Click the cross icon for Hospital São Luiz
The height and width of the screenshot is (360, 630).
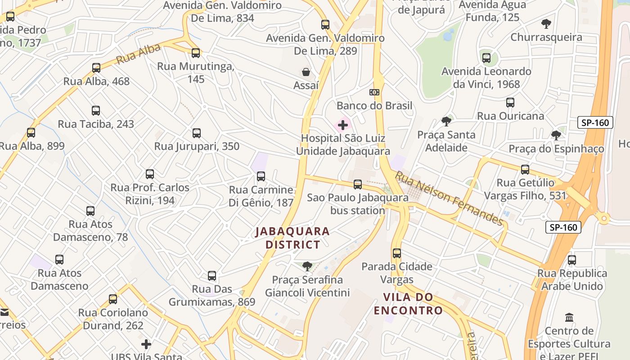coord(343,125)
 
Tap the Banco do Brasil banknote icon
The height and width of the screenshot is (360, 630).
coord(374,92)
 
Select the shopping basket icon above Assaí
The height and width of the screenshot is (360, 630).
coord(306,72)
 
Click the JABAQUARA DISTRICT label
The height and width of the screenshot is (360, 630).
coord(292,238)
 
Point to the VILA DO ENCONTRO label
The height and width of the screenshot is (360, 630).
coord(408,304)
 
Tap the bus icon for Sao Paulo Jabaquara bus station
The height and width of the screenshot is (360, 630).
coord(358,184)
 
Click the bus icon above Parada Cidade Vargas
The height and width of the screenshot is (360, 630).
coord(396,253)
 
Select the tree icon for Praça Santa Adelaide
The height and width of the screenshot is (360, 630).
coord(446,121)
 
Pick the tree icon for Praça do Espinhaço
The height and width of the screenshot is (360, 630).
coord(556,135)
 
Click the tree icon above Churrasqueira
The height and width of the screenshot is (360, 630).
coord(546,23)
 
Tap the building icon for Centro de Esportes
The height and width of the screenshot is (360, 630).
coord(569,317)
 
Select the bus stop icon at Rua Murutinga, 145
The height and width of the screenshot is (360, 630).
coord(196,53)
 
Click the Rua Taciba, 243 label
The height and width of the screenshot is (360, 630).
coord(96,124)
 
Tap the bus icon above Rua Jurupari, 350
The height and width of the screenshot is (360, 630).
coord(197,133)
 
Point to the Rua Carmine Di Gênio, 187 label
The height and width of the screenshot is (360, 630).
coord(261,196)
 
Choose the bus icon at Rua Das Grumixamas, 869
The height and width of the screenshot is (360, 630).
coord(212,276)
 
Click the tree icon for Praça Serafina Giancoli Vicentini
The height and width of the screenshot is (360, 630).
coord(307,266)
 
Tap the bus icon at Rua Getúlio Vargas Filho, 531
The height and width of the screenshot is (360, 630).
coord(525,170)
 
